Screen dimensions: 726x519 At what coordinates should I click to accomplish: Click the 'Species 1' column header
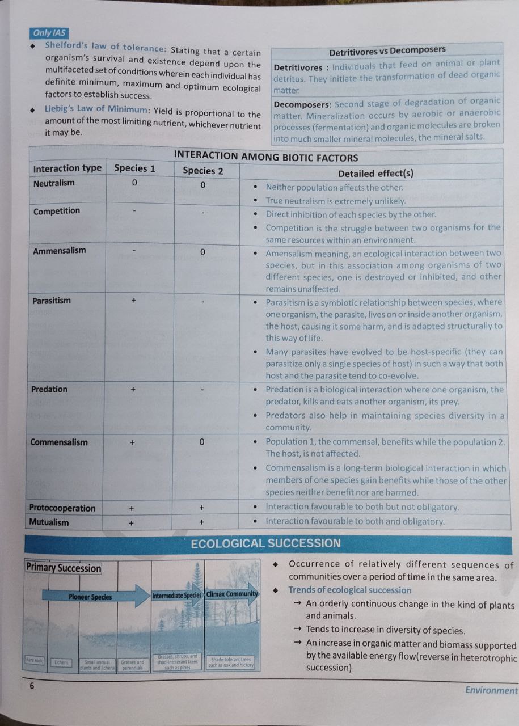[x=134, y=168]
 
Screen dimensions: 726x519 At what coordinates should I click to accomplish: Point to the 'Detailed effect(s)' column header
[x=375, y=173]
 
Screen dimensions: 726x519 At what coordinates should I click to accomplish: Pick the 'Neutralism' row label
[x=54, y=183]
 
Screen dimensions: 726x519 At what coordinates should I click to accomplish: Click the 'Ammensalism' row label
[x=60, y=251]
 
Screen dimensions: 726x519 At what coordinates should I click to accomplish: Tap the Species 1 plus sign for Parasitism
[x=134, y=301]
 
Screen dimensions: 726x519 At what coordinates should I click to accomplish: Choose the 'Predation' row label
[x=50, y=389]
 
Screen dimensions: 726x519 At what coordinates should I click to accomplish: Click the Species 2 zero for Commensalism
[x=202, y=442]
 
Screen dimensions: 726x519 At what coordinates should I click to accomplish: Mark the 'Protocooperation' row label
[x=62, y=508]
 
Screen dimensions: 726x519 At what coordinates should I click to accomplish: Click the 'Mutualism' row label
[x=49, y=522]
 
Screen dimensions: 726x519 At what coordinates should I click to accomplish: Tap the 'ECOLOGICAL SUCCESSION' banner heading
[x=266, y=543]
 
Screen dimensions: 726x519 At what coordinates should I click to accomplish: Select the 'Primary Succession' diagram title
[x=64, y=568]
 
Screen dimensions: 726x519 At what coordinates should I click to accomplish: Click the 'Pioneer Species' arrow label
[x=91, y=597]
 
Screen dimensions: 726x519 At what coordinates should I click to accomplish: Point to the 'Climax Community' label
[x=231, y=594]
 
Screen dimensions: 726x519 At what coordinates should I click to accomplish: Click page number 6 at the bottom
[x=32, y=686]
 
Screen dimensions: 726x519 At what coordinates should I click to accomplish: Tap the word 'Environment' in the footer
[x=491, y=690]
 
